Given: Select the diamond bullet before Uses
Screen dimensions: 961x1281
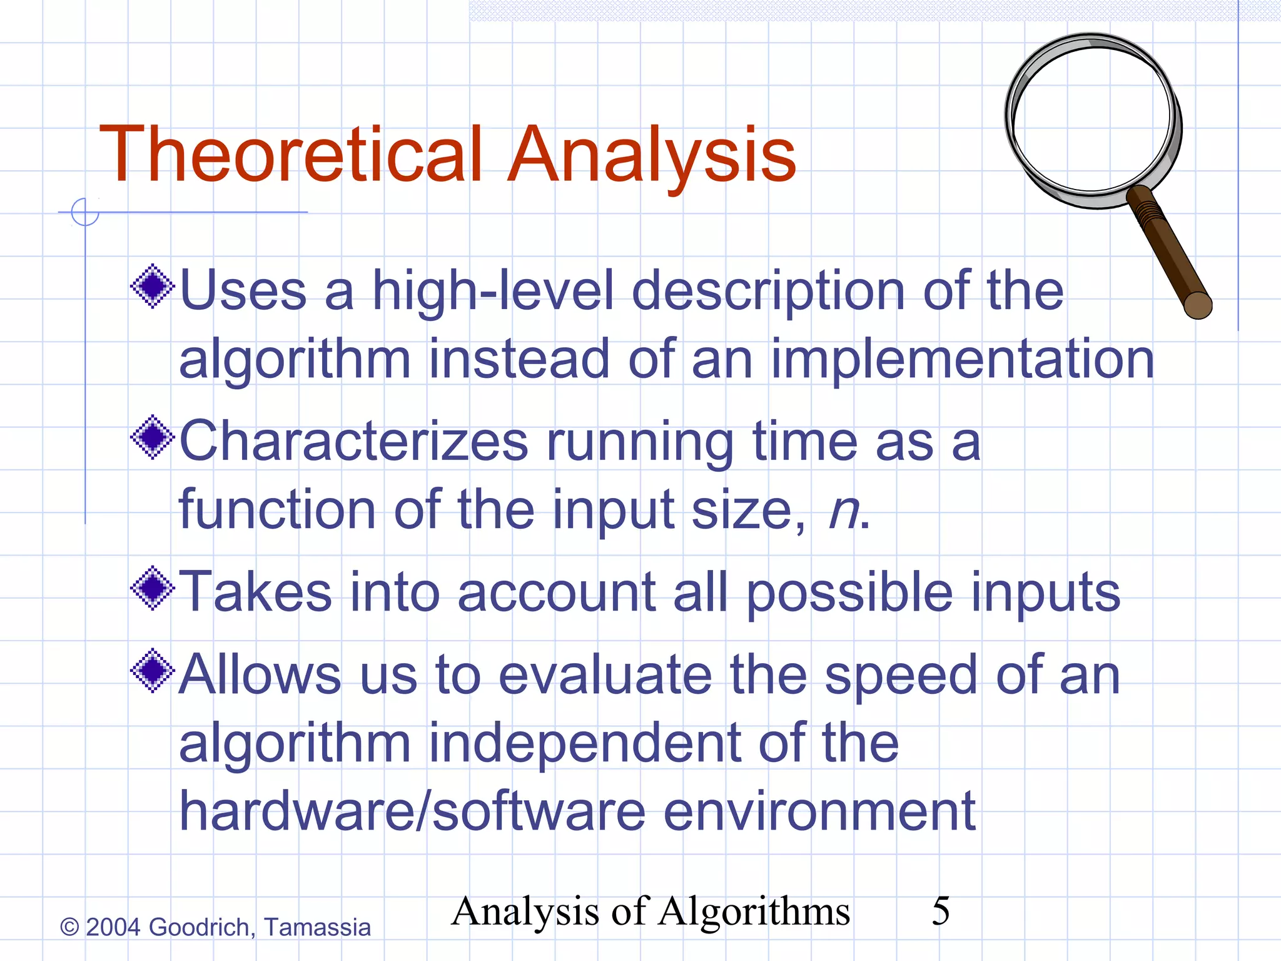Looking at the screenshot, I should point(152,287).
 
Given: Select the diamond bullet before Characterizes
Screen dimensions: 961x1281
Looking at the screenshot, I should point(152,437).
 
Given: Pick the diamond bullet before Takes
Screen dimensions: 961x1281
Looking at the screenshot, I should point(152,588).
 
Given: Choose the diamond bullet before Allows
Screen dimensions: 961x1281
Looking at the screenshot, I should point(152,671).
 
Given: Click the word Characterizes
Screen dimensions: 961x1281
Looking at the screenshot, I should point(354,441).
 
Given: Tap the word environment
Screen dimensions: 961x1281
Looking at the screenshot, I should point(819,811).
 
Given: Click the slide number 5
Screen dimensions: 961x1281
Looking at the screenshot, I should point(940,911).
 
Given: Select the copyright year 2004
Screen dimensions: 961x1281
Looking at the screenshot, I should point(113,927).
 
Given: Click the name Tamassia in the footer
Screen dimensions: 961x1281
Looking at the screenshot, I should point(317,927).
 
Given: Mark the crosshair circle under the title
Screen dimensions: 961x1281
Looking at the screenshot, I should point(85,212).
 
